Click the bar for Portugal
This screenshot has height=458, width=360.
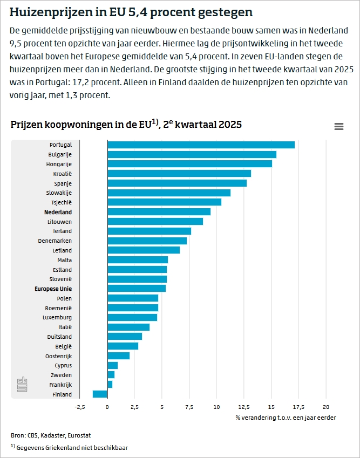201,145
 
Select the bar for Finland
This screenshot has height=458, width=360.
100,394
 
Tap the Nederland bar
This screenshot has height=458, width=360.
159,212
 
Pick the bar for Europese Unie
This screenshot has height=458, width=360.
137,289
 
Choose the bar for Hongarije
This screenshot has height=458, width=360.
189,164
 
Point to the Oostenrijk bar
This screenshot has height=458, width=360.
119,356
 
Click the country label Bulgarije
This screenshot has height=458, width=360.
60,154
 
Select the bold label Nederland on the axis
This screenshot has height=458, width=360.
58,212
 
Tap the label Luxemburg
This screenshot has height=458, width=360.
57,318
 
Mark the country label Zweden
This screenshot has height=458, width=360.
62,375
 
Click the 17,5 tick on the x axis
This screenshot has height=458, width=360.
298,407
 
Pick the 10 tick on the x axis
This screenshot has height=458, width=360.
216,407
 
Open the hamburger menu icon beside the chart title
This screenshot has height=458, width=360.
339,126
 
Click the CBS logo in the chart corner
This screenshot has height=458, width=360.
22,384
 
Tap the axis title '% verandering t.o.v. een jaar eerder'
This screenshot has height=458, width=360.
286,418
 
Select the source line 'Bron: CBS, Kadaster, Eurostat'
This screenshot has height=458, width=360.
47,435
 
